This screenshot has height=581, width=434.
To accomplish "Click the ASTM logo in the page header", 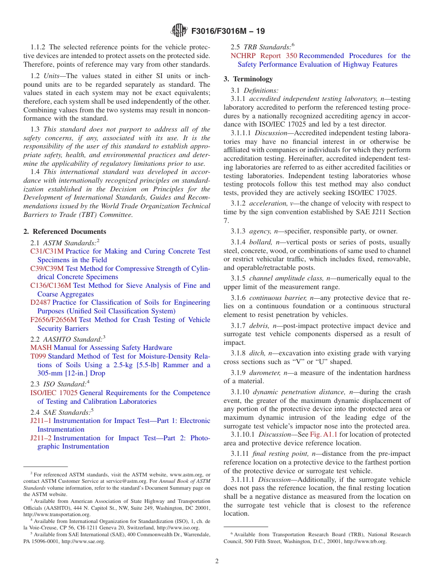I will tap(179, 31).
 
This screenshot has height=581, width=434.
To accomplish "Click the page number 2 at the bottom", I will tap(217, 561).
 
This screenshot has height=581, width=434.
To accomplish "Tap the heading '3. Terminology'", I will tap(248, 79).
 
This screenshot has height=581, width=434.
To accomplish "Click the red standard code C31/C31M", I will tap(47, 251).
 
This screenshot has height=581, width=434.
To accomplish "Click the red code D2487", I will tap(40, 302).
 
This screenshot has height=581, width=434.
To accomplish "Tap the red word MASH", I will tap(41, 348).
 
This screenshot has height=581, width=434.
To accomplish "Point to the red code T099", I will tap(38, 356).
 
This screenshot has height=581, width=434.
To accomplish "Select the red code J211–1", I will tap(41, 421).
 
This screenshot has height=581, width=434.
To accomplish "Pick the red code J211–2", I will tap(41, 438).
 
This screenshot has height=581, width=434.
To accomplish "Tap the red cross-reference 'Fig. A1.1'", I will tap(323, 434).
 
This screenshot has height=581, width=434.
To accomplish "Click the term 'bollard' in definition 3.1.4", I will tap(261, 242).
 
